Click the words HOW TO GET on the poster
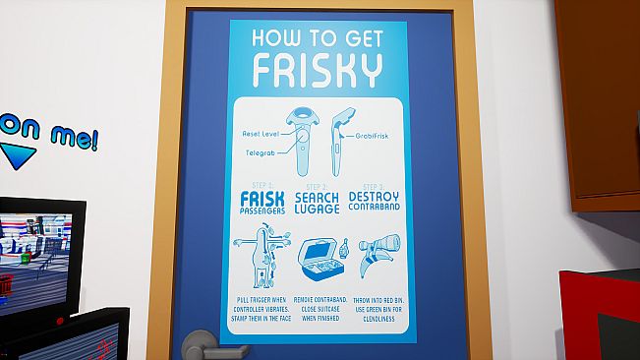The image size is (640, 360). pyautogui.click(x=317, y=37)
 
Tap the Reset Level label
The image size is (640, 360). pyautogui.click(x=262, y=133)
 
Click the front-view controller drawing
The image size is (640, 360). pyautogui.click(x=301, y=138)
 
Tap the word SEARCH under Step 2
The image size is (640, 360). pyautogui.click(x=317, y=197)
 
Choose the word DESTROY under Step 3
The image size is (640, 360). pyautogui.click(x=373, y=196)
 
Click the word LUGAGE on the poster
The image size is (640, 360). pyautogui.click(x=317, y=210)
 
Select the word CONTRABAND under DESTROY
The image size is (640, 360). pyautogui.click(x=373, y=208)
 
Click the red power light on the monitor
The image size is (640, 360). pyautogui.click(x=61, y=321)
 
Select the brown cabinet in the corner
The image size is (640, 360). pyautogui.click(x=597, y=98)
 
